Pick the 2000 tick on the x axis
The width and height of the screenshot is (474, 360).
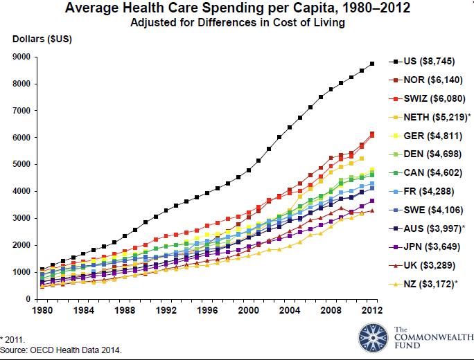[x=247, y=309]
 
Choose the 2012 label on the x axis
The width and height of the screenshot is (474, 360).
[x=372, y=309]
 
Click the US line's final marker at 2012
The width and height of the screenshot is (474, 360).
[x=372, y=64]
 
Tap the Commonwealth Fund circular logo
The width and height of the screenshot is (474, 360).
[x=374, y=337]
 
